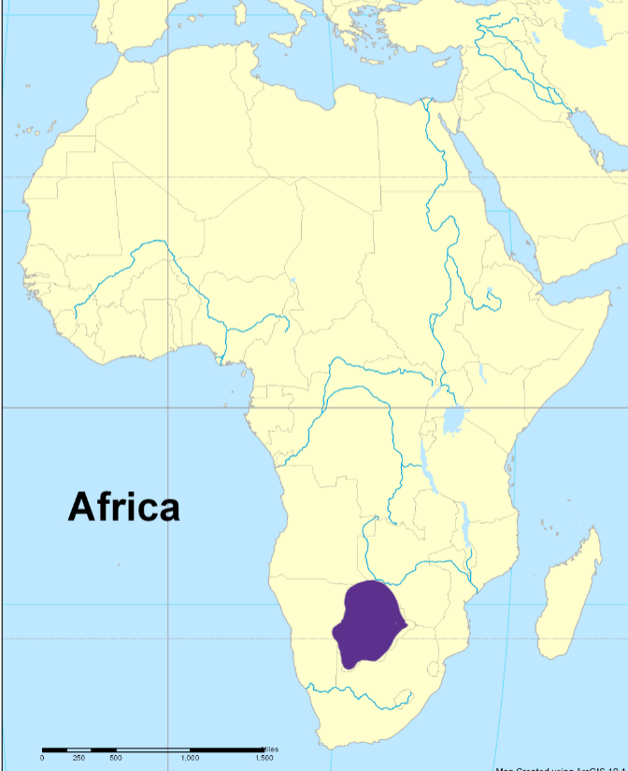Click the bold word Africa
click(x=123, y=507)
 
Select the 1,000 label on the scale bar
click(x=190, y=758)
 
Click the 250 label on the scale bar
click(x=78, y=758)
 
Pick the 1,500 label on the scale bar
click(x=264, y=758)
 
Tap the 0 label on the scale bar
click(x=42, y=758)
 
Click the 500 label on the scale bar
click(x=116, y=758)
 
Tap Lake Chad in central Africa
click(x=293, y=281)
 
